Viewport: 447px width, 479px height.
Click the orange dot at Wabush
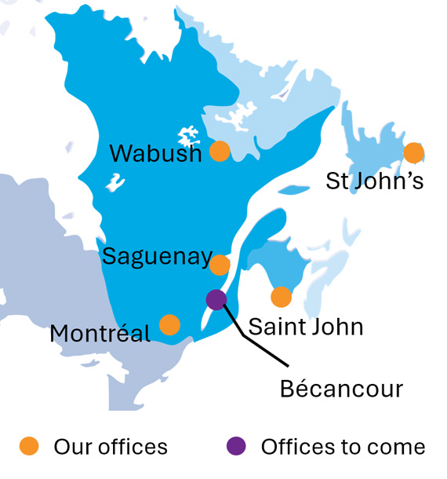coord(220,152)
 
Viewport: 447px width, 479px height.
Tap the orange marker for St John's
coord(413,153)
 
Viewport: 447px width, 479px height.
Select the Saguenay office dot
coord(220,265)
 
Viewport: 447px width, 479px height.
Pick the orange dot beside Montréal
coord(169,324)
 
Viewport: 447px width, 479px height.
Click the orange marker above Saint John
coord(281,297)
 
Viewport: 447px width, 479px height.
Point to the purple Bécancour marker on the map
coord(216,299)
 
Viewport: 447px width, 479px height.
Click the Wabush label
coord(155,153)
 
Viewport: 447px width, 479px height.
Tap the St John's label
coord(375,181)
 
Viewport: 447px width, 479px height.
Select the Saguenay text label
coord(157,257)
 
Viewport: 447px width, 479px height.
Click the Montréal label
coord(100,334)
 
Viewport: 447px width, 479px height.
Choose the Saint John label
coord(306,326)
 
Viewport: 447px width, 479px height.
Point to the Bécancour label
coord(341,388)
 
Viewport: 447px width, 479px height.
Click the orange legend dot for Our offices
coord(30,446)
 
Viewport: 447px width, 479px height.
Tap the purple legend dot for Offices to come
coord(235,446)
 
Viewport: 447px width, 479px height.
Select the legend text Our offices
coord(111,447)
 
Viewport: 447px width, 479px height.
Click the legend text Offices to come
coord(343,447)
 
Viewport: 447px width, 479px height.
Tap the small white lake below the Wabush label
coord(116,183)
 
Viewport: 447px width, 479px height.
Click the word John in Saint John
coord(335,326)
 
